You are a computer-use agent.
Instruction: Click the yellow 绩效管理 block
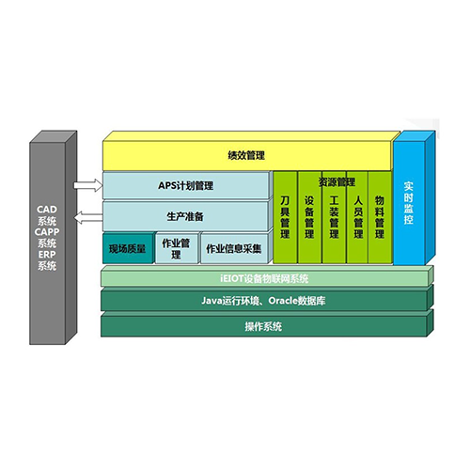tap(247, 155)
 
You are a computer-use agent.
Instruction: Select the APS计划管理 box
tap(185, 185)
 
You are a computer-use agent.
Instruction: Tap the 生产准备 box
tap(185, 216)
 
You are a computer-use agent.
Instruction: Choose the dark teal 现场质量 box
tap(128, 249)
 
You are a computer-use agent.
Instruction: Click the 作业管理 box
tap(177, 249)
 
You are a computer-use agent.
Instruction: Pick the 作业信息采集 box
tap(234, 249)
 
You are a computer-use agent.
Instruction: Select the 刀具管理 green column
tap(285, 217)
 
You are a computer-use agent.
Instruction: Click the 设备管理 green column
tap(309, 217)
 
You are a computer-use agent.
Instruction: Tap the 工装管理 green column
tap(334, 217)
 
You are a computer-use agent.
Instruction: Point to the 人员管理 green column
tap(357, 217)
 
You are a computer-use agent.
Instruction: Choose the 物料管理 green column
tap(380, 217)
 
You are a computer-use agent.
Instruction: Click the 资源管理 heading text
tap(337, 182)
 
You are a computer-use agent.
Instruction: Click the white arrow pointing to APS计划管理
tap(88, 185)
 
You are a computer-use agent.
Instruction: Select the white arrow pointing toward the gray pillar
tap(88, 217)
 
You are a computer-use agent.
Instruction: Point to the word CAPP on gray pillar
tap(47, 232)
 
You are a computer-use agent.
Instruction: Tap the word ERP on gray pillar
tap(47, 255)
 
